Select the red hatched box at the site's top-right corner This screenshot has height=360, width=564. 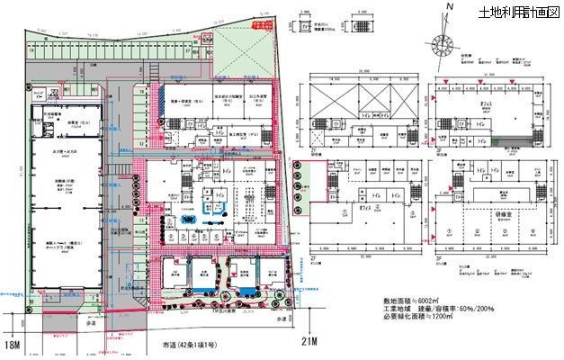click(x=261, y=27)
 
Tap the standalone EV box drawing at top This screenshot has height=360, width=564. click(x=305, y=28)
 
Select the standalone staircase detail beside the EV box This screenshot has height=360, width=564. click(x=357, y=28)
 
